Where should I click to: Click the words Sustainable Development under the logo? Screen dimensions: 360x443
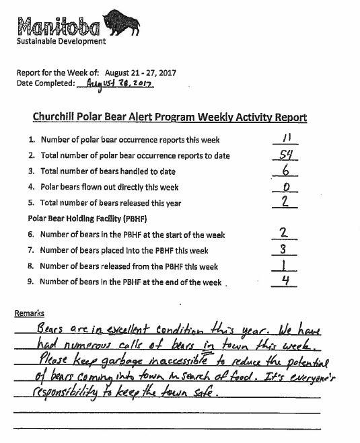pos(61,41)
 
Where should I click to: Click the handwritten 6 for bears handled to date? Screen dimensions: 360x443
pos(284,169)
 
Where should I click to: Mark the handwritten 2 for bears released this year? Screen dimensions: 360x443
pos(285,201)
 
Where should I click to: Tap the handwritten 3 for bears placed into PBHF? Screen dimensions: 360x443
pos(285,249)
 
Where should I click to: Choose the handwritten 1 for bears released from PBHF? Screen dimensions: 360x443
pos(285,265)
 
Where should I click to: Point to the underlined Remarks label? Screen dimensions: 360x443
pos(30,313)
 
